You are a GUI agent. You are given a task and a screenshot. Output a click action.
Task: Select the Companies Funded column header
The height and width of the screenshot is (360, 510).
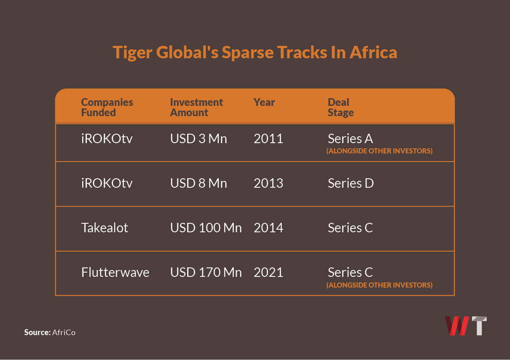pos(107,108)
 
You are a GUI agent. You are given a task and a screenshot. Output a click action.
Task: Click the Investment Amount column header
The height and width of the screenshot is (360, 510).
pos(196,108)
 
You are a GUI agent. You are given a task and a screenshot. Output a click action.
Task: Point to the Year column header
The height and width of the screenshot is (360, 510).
pos(264,102)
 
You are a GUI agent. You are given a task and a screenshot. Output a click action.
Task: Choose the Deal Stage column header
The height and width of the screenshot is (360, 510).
pos(341,108)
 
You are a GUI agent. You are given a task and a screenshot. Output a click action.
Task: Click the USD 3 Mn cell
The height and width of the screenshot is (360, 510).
pos(199,139)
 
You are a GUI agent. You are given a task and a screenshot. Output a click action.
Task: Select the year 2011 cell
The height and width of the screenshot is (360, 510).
pos(268,139)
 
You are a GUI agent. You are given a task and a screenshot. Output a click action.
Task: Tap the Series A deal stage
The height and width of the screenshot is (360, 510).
pos(350,139)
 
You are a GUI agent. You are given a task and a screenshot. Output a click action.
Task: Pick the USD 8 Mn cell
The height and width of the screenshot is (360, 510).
pos(199,183)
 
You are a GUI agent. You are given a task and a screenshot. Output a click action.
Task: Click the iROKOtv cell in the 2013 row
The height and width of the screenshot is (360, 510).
pos(107,183)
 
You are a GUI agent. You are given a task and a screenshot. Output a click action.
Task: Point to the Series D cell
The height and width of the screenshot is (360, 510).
pos(351,183)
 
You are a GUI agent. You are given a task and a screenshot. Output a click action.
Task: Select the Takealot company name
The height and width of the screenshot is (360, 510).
pos(105,228)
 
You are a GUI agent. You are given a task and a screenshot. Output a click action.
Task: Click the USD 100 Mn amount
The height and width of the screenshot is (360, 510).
pos(206,228)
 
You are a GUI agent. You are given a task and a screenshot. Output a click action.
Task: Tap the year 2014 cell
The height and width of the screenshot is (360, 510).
pos(268,228)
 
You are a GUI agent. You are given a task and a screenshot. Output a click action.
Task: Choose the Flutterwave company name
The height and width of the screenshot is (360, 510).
pos(115,273)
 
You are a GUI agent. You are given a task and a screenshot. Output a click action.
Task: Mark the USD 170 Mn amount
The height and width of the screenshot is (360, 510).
pos(206,273)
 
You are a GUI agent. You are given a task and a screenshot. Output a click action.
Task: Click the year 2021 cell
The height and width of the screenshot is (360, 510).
pos(268,273)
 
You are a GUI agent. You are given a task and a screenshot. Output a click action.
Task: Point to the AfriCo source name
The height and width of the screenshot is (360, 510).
pos(64,332)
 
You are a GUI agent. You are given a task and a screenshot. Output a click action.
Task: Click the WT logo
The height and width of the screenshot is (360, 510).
pos(466,326)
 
